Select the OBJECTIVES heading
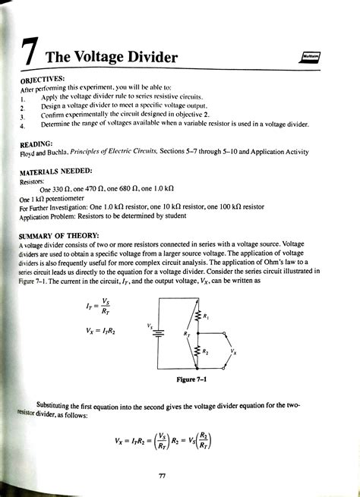pyautogui.click(x=43, y=77)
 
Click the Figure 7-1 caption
pyautogui.click(x=191, y=379)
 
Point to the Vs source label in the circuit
pyautogui.click(x=150, y=326)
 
